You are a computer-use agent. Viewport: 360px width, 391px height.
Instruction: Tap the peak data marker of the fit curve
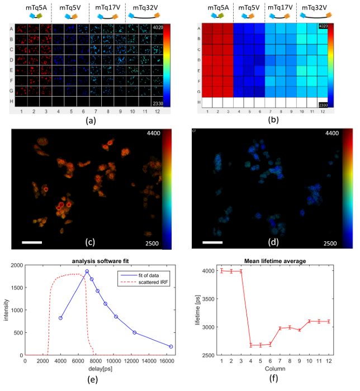click(87, 271)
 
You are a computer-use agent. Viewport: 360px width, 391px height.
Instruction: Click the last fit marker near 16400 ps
click(171, 347)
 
